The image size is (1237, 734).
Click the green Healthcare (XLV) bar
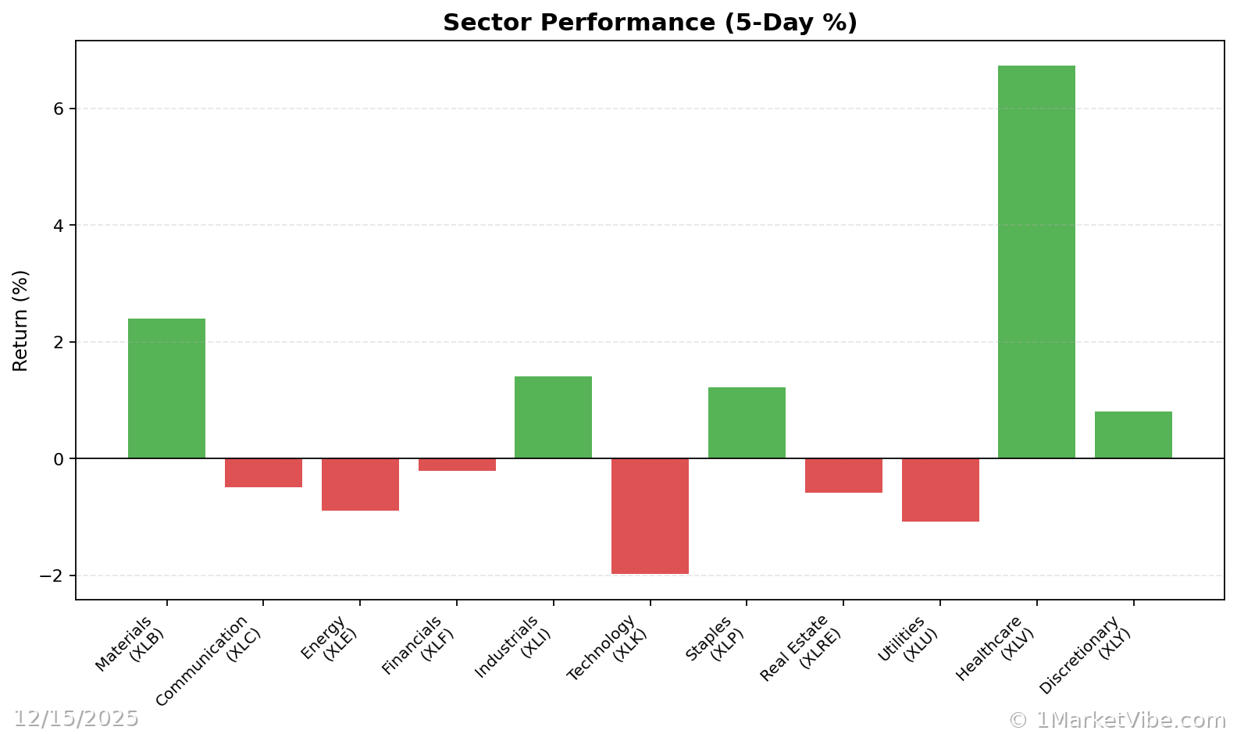[x=1036, y=262]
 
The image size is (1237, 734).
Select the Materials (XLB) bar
[x=166, y=388]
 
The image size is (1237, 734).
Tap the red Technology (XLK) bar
[x=650, y=516]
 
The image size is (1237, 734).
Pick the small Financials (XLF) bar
[x=457, y=465]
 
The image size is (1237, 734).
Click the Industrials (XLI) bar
[x=553, y=417]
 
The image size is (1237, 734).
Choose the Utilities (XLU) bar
[x=940, y=490]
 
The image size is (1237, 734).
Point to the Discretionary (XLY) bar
[x=1133, y=435]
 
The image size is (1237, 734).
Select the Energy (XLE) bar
[x=360, y=484]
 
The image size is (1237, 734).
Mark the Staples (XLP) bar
[x=747, y=422]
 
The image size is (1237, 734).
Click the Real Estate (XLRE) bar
[x=843, y=476]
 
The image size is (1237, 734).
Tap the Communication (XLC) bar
[x=263, y=472]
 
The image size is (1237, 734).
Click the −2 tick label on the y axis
[x=52, y=575]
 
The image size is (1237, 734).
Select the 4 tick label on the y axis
[x=59, y=226]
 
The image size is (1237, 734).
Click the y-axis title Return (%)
[x=20, y=320]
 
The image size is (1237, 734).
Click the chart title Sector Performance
[x=650, y=23]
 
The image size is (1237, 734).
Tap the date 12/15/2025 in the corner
[x=76, y=718]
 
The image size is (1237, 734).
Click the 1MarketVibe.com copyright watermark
[x=1117, y=720]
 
